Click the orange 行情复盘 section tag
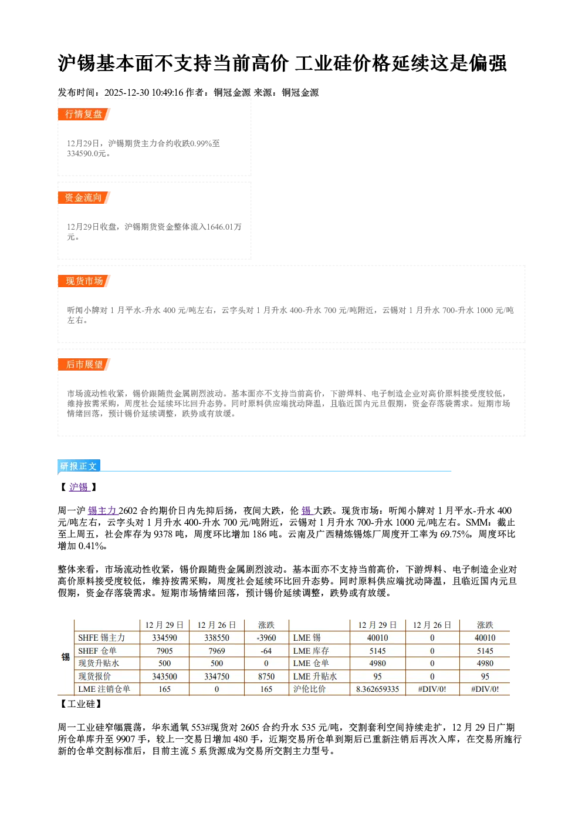[x=84, y=114]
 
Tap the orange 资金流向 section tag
[x=84, y=197]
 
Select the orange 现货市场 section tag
[x=84, y=281]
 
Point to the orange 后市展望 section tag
[x=84, y=365]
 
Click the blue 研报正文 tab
[x=79, y=466]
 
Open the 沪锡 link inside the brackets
[x=79, y=487]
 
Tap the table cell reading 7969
[x=216, y=651]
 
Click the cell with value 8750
[x=266, y=676]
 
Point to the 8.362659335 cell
[x=377, y=689]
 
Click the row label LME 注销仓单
[x=104, y=689]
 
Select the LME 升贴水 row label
[x=315, y=676]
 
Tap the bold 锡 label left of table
[x=65, y=657]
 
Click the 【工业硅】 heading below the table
[x=81, y=704]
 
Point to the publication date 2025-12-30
[x=127, y=92]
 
